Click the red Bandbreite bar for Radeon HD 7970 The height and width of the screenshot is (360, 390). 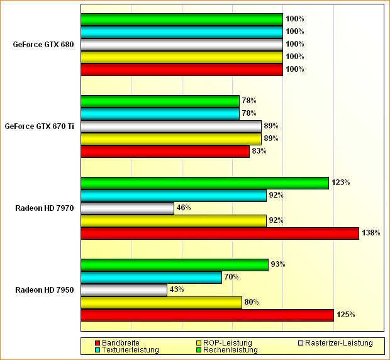pyautogui.click(x=220, y=233)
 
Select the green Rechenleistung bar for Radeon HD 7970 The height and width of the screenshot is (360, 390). pyautogui.click(x=204, y=183)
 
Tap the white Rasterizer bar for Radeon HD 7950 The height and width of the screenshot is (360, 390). pyautogui.click(x=124, y=290)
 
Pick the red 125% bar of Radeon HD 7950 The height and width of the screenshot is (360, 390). pyautogui.click(x=207, y=315)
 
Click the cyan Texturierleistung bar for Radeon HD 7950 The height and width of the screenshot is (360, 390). pyautogui.click(x=151, y=277)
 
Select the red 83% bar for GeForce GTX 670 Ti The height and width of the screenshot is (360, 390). pyautogui.click(x=165, y=151)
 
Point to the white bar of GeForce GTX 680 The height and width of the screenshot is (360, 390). pyautogui.click(x=181, y=44)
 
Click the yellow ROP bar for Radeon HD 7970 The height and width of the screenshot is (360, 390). pyautogui.click(x=174, y=220)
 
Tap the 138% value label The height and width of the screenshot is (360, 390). pyautogui.click(x=371, y=233)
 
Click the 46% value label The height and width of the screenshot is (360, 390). pyautogui.click(x=184, y=208)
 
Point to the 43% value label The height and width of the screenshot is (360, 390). pyautogui.click(x=177, y=290)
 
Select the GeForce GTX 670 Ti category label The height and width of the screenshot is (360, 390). pyautogui.click(x=40, y=126)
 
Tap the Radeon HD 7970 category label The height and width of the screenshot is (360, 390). pyautogui.click(x=45, y=208)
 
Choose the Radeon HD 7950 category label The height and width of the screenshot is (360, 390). pyautogui.click(x=45, y=290)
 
